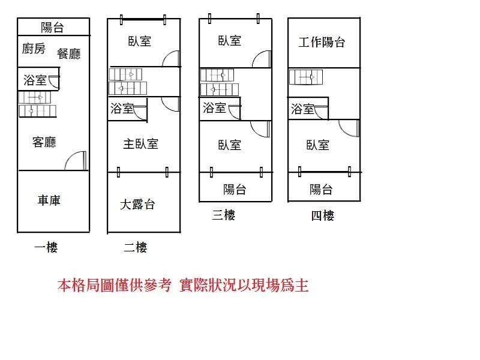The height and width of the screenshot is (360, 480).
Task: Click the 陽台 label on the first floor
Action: [53, 27]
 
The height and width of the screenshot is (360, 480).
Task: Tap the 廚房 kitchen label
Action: [34, 49]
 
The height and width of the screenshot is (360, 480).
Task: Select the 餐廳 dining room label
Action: [68, 53]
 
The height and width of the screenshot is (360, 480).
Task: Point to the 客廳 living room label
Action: [44, 142]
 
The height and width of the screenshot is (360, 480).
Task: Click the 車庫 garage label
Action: [49, 200]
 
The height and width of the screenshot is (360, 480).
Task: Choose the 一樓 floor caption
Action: [46, 247]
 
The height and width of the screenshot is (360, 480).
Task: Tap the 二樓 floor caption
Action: [135, 247]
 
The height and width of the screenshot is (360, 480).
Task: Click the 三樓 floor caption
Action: [224, 215]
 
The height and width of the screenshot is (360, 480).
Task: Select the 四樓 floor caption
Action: [322, 216]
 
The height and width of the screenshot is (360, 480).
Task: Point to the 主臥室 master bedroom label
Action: [141, 144]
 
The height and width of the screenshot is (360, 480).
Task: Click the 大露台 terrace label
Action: [137, 204]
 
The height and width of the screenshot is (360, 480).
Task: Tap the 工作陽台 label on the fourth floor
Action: [322, 43]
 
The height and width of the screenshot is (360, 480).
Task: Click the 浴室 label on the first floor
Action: [35, 80]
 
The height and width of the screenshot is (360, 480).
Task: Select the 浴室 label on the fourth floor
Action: [302, 109]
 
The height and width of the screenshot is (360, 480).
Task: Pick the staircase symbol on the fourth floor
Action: [305, 77]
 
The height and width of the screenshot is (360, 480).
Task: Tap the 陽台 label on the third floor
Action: [235, 190]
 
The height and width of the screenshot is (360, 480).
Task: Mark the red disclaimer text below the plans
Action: [183, 285]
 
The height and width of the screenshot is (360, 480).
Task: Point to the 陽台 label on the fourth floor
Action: [322, 190]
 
